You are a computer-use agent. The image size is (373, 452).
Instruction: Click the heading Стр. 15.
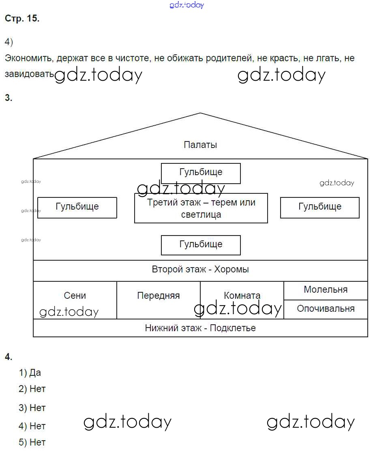point(22,19)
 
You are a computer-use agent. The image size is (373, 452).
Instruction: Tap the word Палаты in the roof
point(200,145)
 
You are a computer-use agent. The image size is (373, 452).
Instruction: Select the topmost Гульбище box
point(201,173)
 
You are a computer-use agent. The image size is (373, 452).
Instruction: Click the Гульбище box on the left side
point(77,207)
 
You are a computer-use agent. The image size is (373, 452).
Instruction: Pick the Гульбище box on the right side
point(320,207)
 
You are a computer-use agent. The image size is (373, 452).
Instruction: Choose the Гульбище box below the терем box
point(201,245)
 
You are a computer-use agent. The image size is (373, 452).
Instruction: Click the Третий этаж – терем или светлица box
point(201,208)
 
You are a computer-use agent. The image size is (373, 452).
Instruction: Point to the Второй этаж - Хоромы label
point(200,270)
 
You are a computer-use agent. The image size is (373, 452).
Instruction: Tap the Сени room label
point(75,296)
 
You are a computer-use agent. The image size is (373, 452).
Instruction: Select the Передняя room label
point(158,296)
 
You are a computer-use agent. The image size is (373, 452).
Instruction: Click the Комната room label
point(242,296)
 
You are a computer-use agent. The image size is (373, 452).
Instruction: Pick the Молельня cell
point(326,290)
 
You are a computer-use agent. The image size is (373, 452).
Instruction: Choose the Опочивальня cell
point(326,309)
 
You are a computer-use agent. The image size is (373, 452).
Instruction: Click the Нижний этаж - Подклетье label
point(200,328)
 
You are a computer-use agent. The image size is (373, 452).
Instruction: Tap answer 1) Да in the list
point(30,373)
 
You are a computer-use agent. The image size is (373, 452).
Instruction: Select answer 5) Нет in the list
point(32,442)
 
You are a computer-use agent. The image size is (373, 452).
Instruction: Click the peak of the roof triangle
point(200,114)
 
